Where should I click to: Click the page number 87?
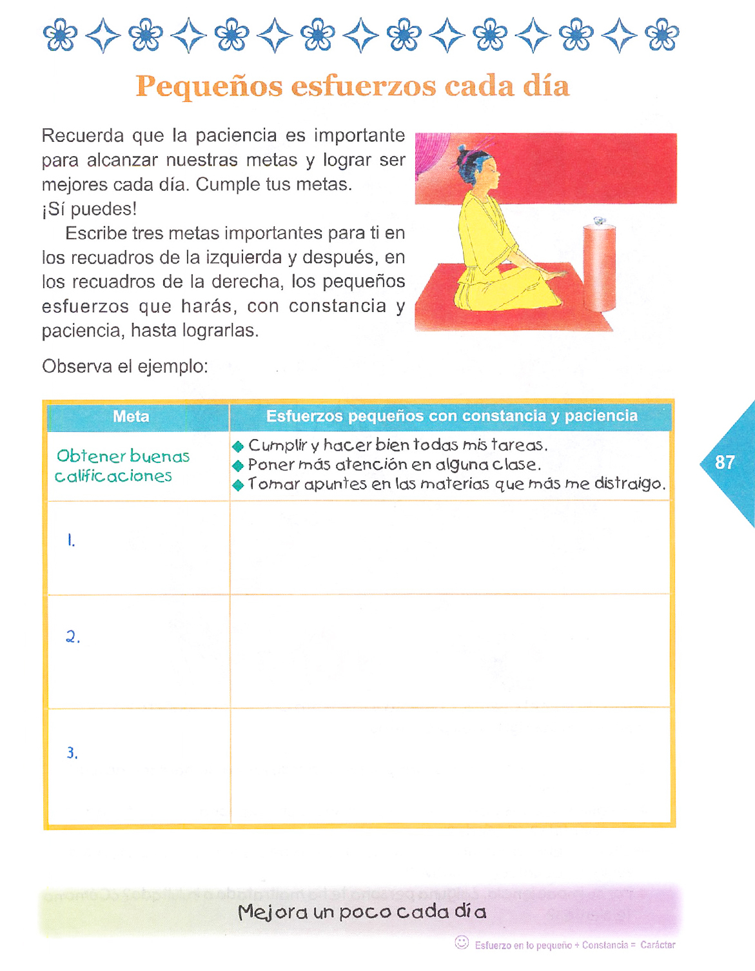[x=725, y=462]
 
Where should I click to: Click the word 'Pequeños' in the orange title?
[x=209, y=86]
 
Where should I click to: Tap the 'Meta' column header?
[x=131, y=417]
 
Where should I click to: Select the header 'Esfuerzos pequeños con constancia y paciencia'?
[x=451, y=417]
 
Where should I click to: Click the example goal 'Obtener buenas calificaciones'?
[x=122, y=466]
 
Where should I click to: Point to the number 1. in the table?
[x=71, y=540]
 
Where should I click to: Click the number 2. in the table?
[x=73, y=637]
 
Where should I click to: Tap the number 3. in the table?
[x=72, y=752]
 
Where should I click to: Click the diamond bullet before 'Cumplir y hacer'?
[x=238, y=446]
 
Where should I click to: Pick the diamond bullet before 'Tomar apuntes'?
[x=238, y=485]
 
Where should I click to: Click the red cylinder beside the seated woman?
[x=599, y=267]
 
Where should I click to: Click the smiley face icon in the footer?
[x=462, y=942]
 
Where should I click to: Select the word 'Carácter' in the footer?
[x=658, y=945]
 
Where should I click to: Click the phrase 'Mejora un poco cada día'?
[x=362, y=912]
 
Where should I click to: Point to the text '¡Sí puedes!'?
[x=89, y=209]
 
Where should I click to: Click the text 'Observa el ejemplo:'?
[x=125, y=367]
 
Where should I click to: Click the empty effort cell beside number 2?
[x=450, y=651]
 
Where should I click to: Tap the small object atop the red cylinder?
[x=600, y=221]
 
